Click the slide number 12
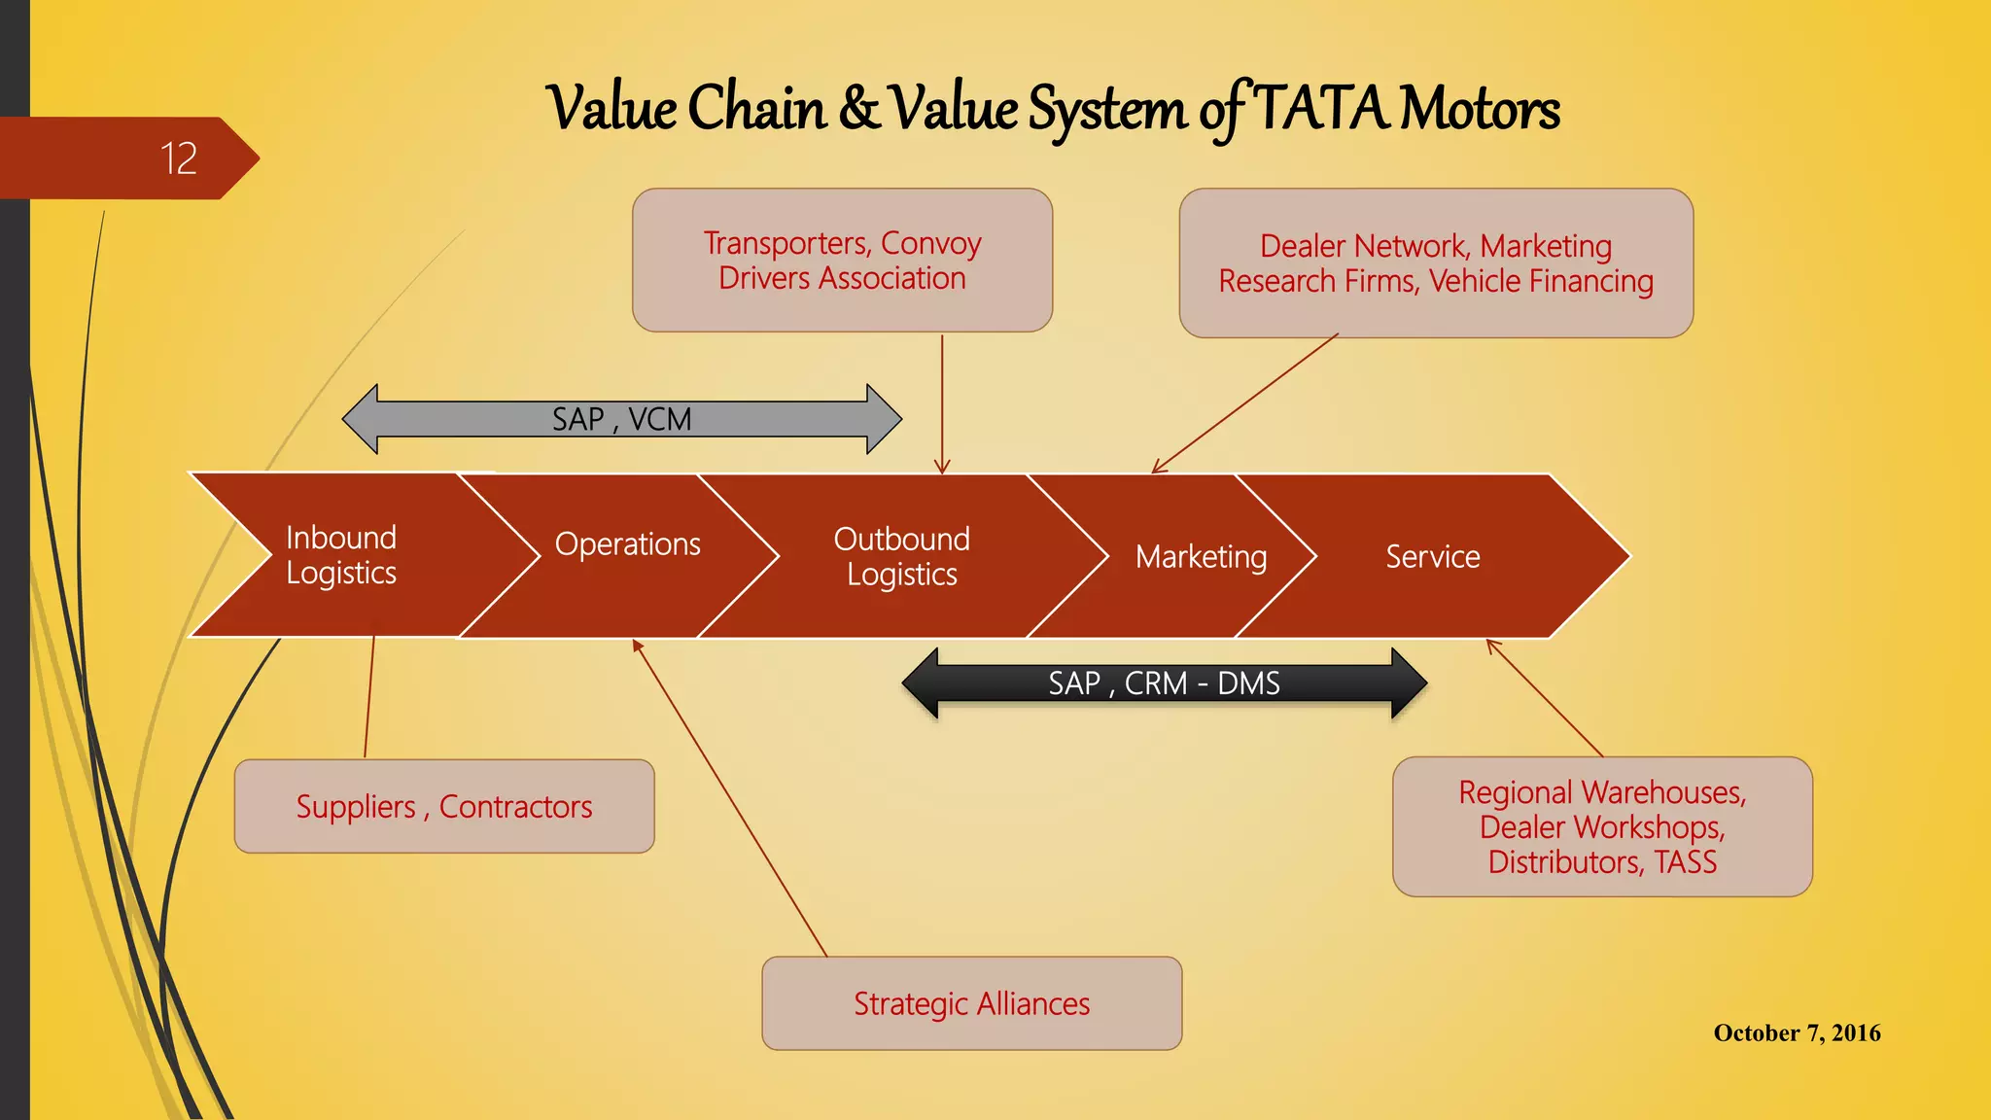coord(179,158)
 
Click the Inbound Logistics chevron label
coord(341,555)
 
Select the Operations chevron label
coord(627,544)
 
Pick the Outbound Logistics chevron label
coord(901,557)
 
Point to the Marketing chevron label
coord(1201,557)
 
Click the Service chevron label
coord(1432,557)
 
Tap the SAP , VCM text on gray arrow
coord(621,419)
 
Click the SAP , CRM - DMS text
coord(1164,683)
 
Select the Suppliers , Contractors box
coord(444,807)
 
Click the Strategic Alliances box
coord(971,1003)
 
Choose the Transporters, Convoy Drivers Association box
coord(842,261)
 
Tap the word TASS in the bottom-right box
coord(1686,862)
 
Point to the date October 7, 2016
coord(1797,1032)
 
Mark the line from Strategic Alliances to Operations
coord(729,797)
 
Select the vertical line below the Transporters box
coord(942,403)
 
